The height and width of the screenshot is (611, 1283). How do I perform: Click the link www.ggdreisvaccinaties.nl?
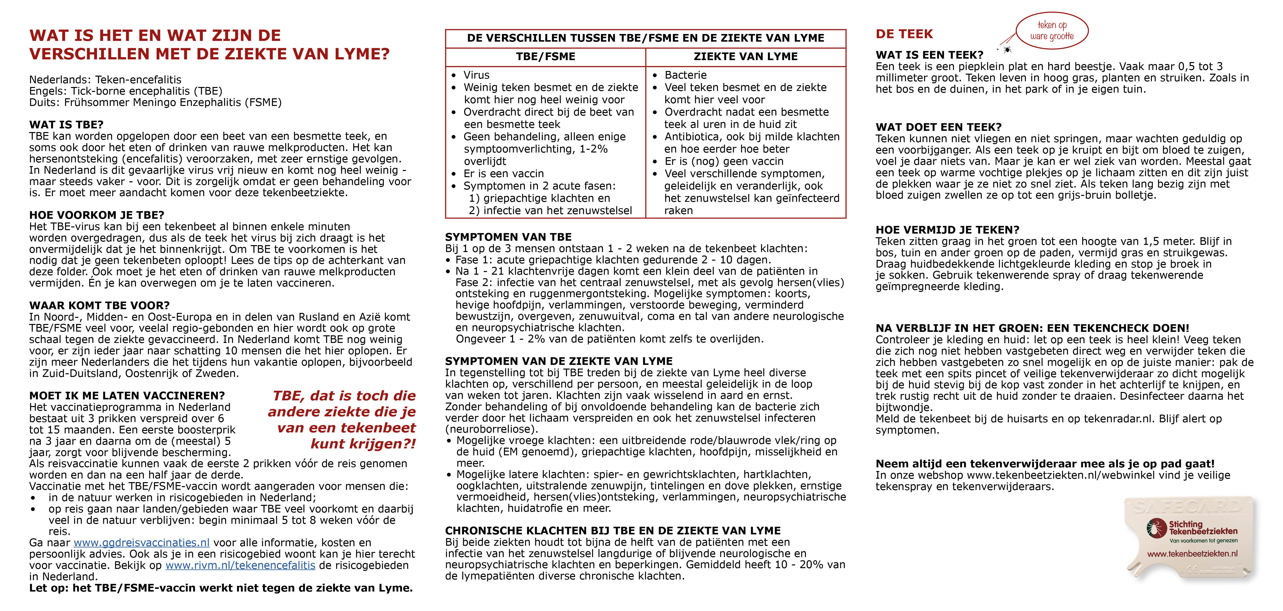pos(141,543)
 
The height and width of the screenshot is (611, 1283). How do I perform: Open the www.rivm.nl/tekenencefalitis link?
pos(240,565)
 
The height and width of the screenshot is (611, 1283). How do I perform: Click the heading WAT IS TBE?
pos(66,125)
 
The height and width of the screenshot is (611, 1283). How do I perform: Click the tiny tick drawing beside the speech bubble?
pos(1007,49)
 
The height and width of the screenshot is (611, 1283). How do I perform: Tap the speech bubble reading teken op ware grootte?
pos(1052,30)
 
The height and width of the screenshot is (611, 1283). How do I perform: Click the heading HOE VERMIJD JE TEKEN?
pos(947,230)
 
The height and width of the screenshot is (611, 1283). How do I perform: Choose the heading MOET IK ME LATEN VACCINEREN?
pos(127,396)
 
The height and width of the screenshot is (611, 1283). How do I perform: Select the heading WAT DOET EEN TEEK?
pos(938,127)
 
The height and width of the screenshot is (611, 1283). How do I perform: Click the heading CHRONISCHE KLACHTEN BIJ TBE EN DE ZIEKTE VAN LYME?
pos(613,531)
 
